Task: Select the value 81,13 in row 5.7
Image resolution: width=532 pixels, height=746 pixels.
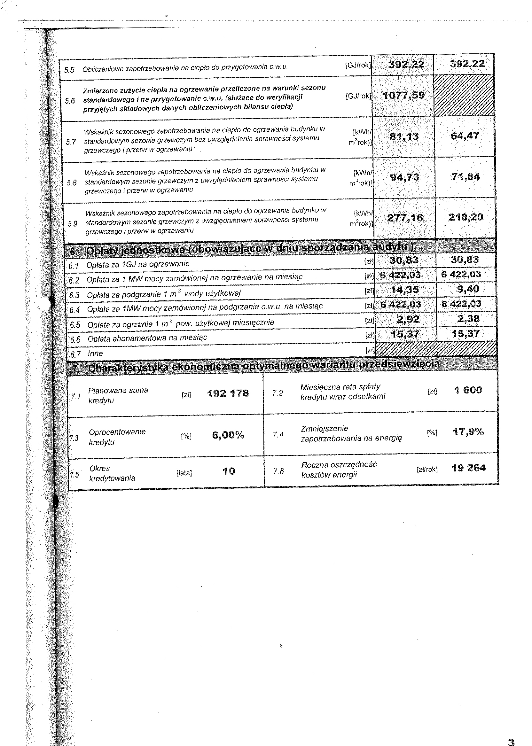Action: click(x=404, y=136)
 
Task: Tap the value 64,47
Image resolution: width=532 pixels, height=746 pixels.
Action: click(x=465, y=136)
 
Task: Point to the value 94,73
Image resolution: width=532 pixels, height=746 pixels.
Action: click(x=404, y=177)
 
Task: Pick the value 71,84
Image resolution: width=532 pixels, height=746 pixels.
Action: click(x=465, y=177)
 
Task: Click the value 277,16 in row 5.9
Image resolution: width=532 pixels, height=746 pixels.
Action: click(x=405, y=217)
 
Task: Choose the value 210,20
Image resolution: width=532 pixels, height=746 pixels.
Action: click(x=466, y=217)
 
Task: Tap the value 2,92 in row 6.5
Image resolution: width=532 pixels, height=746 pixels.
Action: click(x=408, y=319)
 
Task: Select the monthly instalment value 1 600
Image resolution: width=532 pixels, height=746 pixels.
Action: click(x=468, y=390)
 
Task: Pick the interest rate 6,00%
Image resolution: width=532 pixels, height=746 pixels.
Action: click(x=228, y=435)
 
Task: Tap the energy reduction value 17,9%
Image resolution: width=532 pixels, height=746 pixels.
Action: click(x=468, y=432)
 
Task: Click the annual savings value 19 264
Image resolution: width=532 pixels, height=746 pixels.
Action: click(x=468, y=468)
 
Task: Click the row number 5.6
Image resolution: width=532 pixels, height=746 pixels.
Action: click(x=70, y=101)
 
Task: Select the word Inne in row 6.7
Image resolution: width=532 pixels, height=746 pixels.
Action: click(x=95, y=354)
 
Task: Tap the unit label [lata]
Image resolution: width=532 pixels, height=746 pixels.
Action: click(x=184, y=473)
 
